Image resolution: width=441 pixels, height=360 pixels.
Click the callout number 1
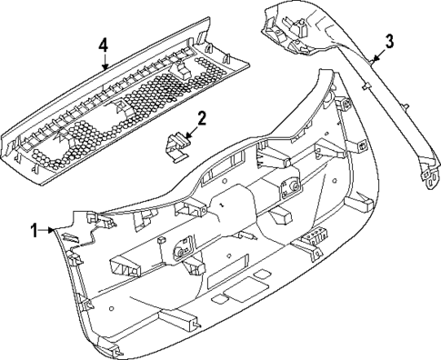click(35, 230)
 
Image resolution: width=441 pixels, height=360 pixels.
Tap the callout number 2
click(202, 116)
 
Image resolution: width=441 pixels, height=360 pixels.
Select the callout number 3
click(388, 41)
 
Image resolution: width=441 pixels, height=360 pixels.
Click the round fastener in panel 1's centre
click(181, 247)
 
